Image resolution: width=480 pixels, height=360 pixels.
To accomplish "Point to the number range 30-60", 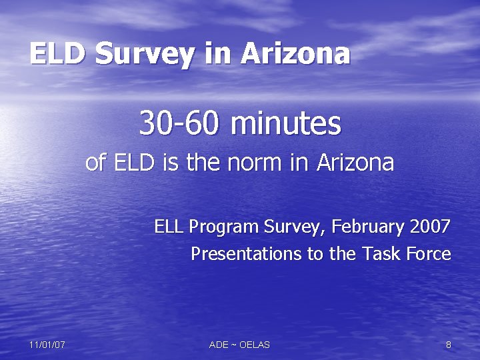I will [x=178, y=123].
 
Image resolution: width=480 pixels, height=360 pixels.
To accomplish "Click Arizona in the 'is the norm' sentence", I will [x=355, y=163].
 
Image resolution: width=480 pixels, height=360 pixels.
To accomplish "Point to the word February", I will [x=369, y=227].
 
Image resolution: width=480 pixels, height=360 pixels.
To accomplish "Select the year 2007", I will [x=431, y=227].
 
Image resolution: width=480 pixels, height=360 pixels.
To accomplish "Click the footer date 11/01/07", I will [x=47, y=345].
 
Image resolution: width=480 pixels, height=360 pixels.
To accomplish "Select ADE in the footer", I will [x=219, y=345].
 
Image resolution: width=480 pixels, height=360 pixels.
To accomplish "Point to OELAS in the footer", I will [x=254, y=345].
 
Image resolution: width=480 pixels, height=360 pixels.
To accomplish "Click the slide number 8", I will [x=448, y=345].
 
